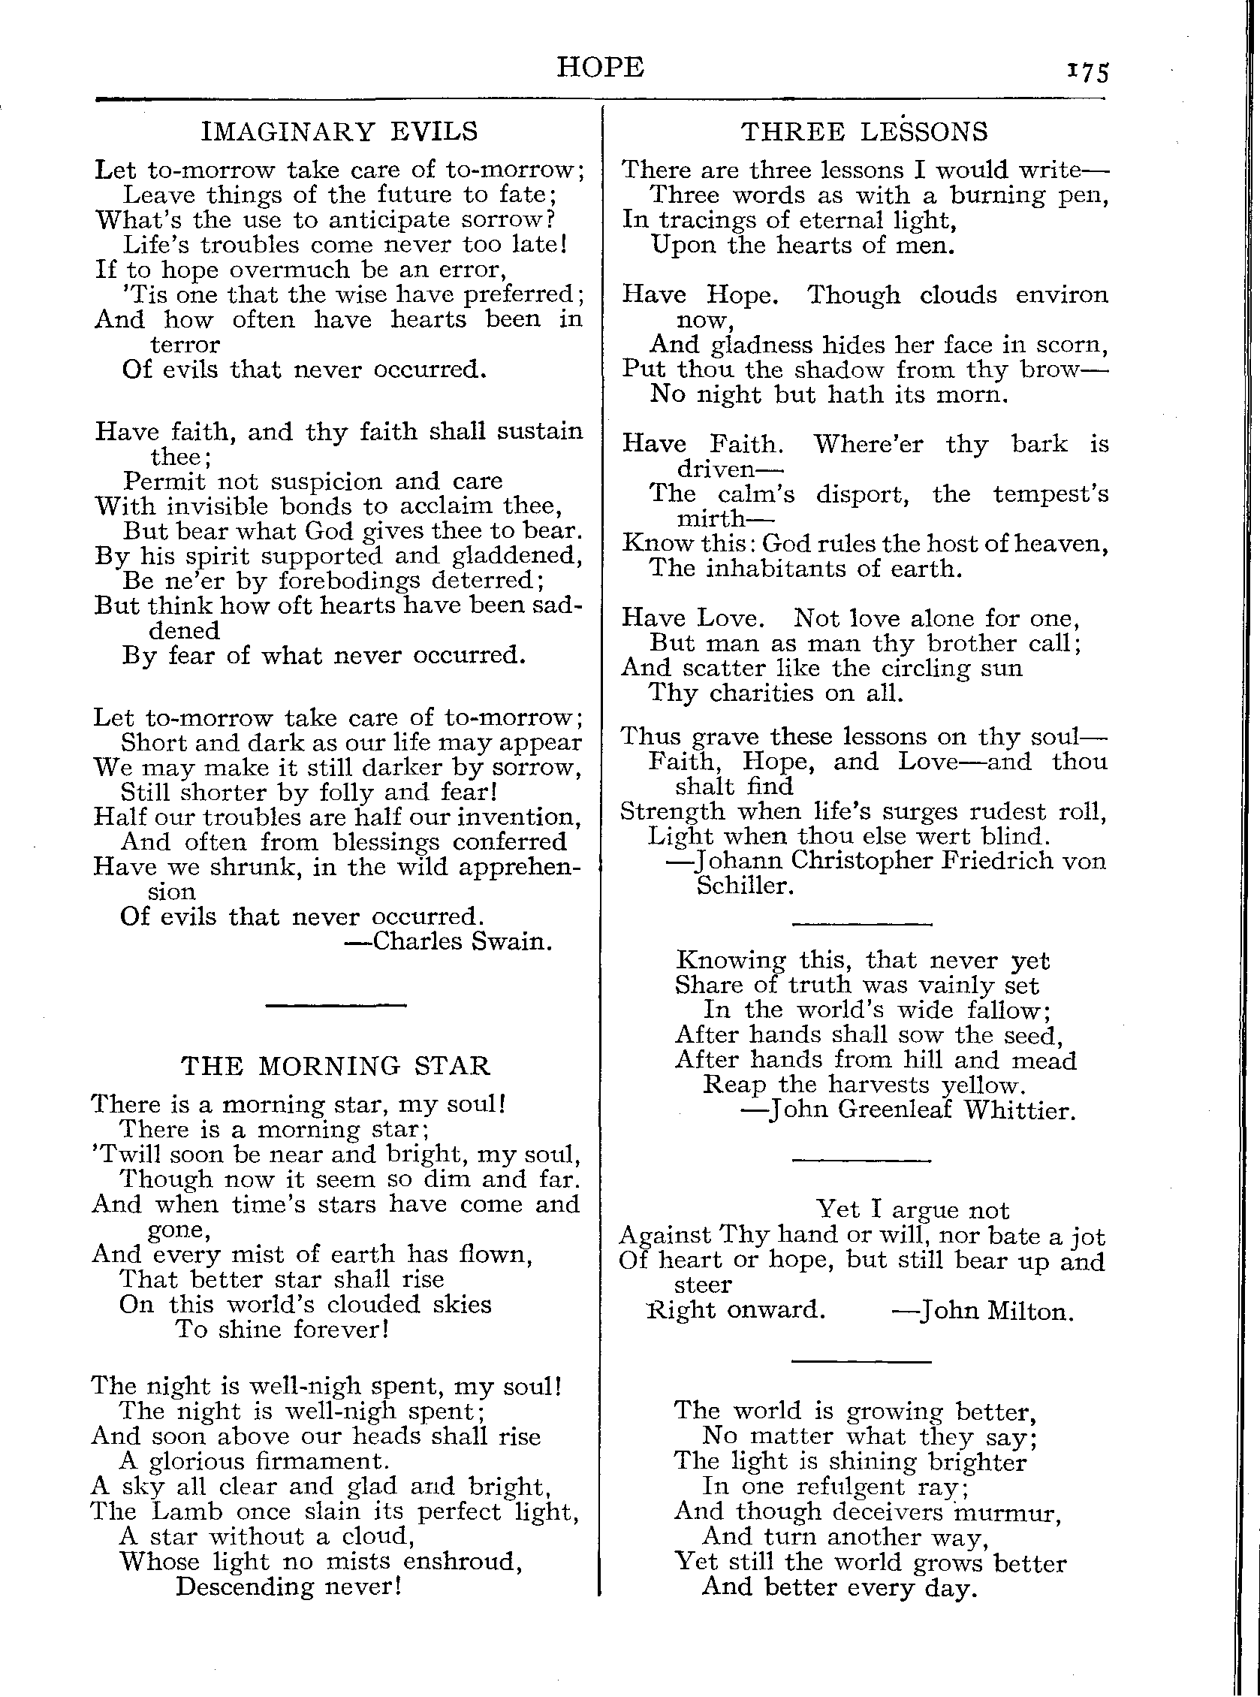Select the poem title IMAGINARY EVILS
point(339,131)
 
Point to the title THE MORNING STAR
point(336,1065)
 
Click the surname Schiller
point(745,886)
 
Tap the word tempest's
point(1051,494)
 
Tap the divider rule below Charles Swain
point(336,1005)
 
